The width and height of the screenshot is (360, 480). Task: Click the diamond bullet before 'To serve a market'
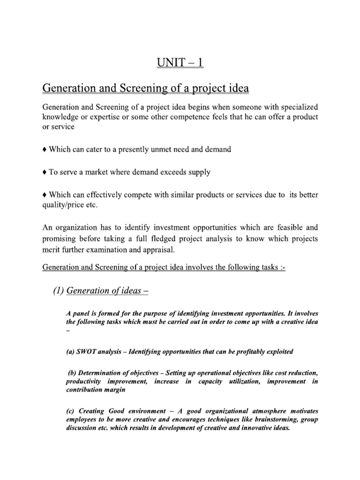pyautogui.click(x=44, y=172)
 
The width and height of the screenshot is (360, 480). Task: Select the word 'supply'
pyautogui.click(x=200, y=172)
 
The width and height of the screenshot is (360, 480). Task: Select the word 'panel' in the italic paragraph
pyautogui.click(x=82, y=313)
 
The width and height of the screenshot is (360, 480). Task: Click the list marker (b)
pyautogui.click(x=74, y=373)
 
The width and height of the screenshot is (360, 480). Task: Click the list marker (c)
pyautogui.click(x=72, y=412)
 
